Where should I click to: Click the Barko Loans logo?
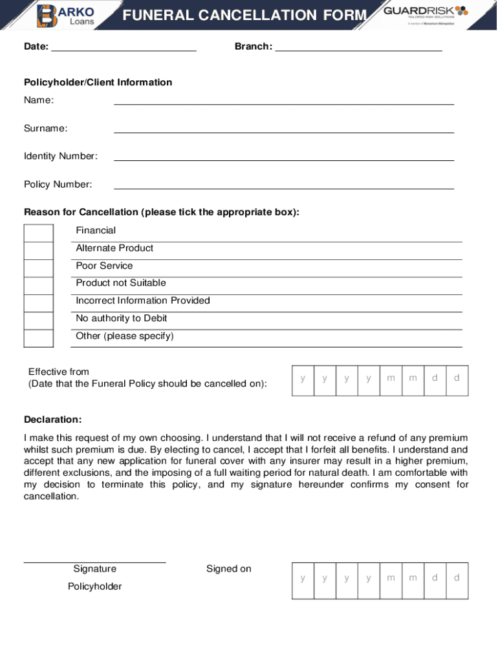tap(67, 15)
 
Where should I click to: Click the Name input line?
tap(284, 101)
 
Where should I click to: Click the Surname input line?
tap(284, 130)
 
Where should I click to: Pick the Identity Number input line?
tap(284, 158)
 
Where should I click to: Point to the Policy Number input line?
tap(284, 186)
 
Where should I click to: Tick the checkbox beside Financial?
tap(39, 233)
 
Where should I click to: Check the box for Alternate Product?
tap(39, 251)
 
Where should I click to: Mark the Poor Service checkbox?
tap(39, 268)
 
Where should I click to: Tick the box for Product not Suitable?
tap(39, 286)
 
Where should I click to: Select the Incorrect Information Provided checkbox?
tap(39, 303)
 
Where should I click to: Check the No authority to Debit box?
tap(39, 321)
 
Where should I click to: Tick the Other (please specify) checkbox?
tap(39, 338)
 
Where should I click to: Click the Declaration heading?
tap(53, 420)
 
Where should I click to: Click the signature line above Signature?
tap(95, 562)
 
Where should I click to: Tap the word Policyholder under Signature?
tap(95, 586)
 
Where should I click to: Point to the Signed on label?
tap(229, 569)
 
